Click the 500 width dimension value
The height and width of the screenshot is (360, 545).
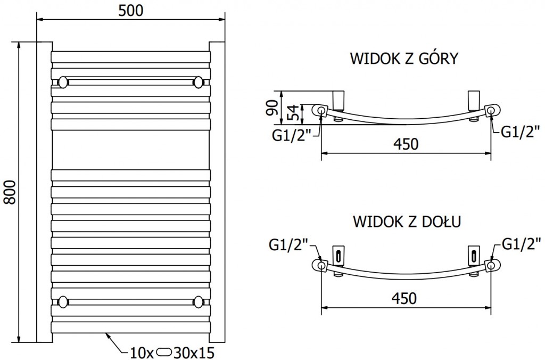[x=130, y=10]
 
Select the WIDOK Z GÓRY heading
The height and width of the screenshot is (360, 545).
[x=403, y=59]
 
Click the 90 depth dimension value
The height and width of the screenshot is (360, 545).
[x=272, y=108]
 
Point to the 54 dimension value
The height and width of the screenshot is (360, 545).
[x=292, y=112]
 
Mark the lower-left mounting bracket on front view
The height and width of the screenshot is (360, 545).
[x=63, y=301]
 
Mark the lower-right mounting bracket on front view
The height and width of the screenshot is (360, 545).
[x=199, y=301]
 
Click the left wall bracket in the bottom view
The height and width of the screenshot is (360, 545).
[x=338, y=253]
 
